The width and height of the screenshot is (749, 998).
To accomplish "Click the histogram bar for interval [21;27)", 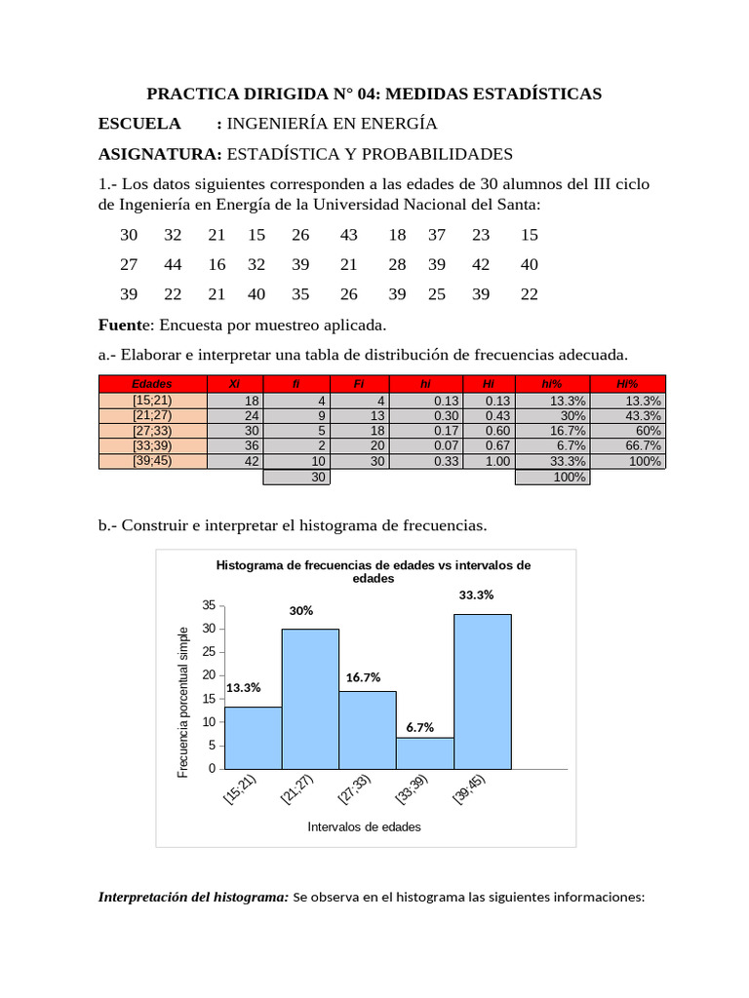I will pos(310,699).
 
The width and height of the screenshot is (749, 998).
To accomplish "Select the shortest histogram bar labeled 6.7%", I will pos(424,752).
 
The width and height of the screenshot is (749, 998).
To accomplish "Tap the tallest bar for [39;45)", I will pos(482,691).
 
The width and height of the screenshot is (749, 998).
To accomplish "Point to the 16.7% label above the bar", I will pos(362,677).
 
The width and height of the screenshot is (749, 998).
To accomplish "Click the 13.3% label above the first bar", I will pos(244,687).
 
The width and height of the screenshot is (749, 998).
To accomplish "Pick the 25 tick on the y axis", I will pos(208,652).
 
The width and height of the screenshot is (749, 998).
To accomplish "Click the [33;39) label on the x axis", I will pos(411,790).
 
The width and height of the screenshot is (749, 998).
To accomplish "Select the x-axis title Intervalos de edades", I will pos(364,826).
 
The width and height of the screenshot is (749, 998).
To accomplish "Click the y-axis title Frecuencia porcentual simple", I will pos(182,703).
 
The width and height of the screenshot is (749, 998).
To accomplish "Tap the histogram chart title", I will pos(373,571).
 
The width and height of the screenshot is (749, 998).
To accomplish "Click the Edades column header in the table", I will pos(152,384).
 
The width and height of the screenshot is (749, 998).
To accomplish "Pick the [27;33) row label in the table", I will pos(152,431).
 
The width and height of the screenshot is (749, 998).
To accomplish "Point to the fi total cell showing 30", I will pos(296,478).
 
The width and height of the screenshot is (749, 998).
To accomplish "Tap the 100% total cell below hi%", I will pos(552,478).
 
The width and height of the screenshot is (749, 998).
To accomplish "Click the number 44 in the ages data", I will pos(173,264).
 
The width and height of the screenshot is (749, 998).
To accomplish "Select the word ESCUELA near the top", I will pos(140,124).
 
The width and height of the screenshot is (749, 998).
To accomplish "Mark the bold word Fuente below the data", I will pos(124,324).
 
